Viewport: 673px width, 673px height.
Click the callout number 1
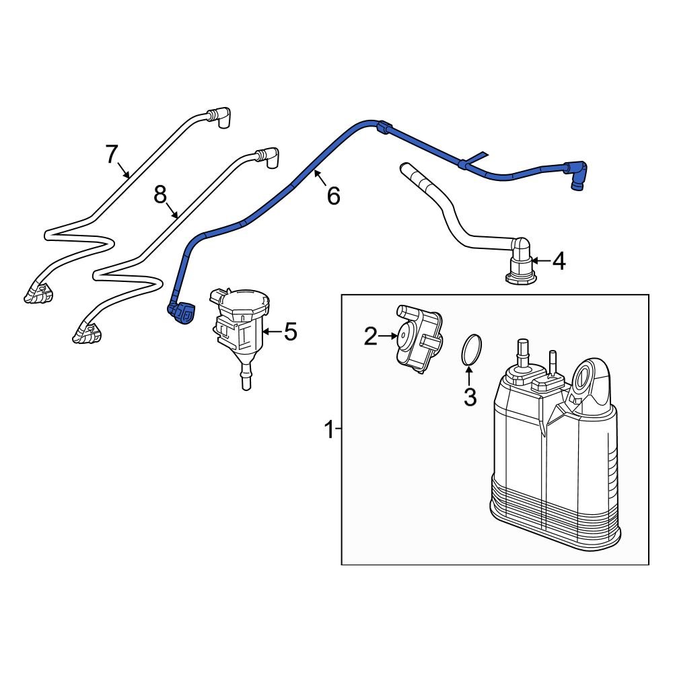(329, 429)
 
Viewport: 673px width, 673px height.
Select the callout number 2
(371, 336)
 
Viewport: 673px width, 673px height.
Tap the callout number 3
(470, 397)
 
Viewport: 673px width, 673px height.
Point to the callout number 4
(559, 261)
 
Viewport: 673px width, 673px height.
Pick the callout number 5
(289, 332)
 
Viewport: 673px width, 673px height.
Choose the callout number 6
(333, 196)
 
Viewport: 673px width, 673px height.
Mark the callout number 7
(112, 154)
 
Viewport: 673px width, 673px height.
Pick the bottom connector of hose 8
(85, 332)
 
